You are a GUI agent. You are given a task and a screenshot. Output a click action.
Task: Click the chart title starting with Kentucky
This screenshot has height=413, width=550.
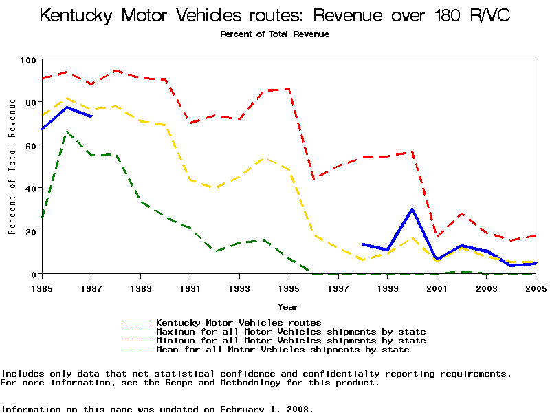[275, 15]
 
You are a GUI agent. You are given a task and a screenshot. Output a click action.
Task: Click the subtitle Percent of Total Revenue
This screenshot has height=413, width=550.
[274, 34]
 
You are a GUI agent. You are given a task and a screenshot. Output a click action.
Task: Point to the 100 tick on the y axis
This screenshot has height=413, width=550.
[27, 60]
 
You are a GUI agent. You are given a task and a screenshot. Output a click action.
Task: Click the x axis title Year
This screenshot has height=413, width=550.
[288, 306]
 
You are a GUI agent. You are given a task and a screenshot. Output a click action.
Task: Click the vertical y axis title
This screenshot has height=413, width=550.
[12, 167]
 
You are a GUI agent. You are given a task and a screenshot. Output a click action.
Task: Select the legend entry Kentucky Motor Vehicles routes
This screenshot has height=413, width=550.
[239, 322]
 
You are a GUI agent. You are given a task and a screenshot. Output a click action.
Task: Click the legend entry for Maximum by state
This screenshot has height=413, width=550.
[291, 332]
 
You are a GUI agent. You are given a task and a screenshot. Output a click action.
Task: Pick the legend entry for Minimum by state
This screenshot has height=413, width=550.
[291, 341]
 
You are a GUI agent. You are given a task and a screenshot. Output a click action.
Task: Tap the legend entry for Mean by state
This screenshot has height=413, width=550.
[283, 350]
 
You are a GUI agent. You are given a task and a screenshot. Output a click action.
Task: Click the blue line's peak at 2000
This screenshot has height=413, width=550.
[412, 209]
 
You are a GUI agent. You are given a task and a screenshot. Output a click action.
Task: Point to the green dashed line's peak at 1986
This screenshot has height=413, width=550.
[67, 131]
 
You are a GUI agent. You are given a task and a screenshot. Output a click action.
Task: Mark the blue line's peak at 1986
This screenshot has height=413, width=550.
[67, 107]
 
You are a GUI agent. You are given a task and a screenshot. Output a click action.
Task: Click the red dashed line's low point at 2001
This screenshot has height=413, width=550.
[437, 237]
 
